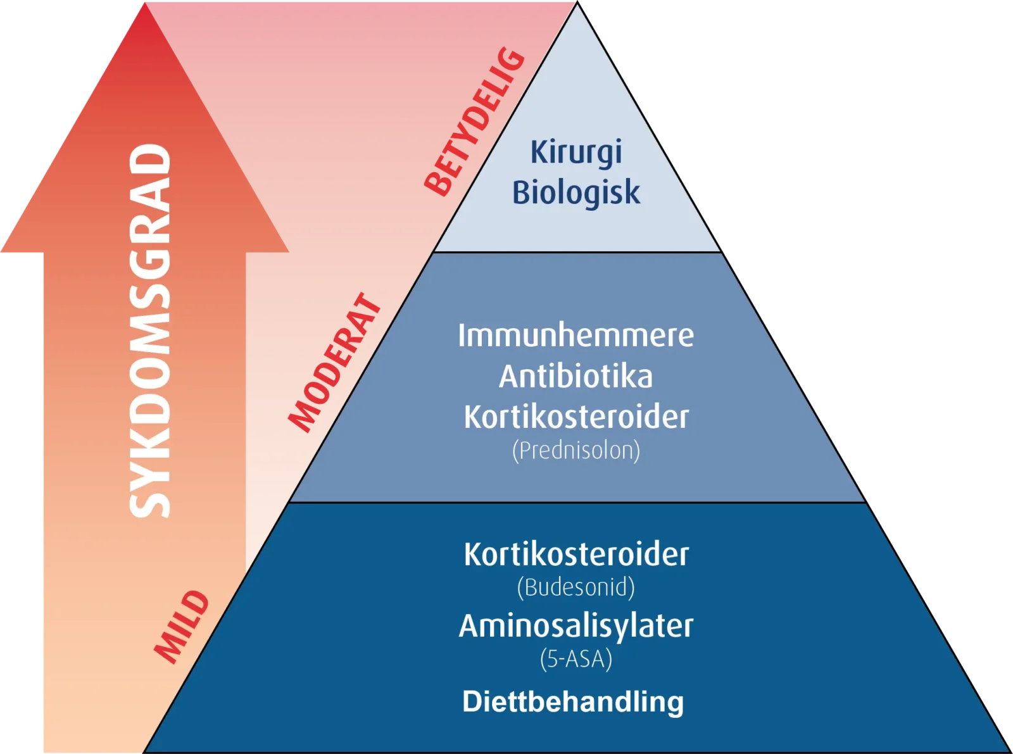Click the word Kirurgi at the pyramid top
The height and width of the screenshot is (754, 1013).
[576, 153]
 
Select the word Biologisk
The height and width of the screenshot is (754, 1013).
[576, 192]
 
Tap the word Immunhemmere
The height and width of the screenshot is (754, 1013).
[576, 336]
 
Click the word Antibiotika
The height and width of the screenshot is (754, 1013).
[576, 377]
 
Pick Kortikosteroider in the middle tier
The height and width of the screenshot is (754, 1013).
[576, 417]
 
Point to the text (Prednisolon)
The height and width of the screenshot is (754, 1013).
[576, 451]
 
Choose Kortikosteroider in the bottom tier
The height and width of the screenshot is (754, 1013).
[576, 555]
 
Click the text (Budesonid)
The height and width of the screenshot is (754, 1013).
[576, 587]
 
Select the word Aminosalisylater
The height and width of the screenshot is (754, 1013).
[576, 626]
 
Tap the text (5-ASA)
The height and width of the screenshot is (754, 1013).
[576, 660]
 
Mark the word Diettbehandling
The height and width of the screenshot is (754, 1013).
[574, 702]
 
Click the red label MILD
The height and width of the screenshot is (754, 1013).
[182, 627]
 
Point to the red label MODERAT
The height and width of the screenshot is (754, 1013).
[336, 363]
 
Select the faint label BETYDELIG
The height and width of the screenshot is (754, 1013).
[475, 123]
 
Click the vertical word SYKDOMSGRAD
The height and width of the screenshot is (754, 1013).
[150, 330]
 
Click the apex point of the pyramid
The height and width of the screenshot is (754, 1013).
[576, 5]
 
